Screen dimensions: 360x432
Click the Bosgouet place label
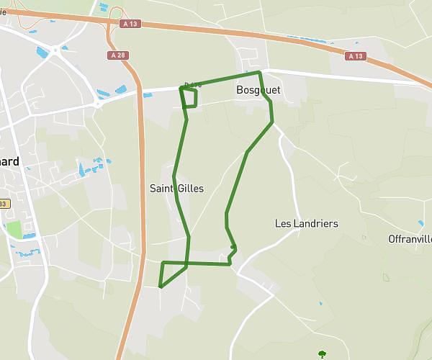pos(258,90)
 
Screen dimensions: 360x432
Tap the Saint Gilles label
pos(176,189)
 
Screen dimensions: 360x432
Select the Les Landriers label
pos(306,223)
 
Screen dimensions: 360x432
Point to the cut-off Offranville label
pos(410,238)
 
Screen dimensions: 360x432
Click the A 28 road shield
pos(120,55)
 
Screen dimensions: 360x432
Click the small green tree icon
pos(322,354)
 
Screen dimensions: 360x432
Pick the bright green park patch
pos(14,230)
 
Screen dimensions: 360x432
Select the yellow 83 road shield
pos(3,204)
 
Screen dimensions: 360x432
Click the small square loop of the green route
pos(190,99)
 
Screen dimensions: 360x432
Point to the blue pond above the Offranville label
pos(420,224)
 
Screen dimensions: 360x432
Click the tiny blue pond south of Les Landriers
pos(321,303)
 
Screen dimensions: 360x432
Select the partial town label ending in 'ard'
pos(10,161)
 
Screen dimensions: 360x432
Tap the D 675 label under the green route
pos(191,85)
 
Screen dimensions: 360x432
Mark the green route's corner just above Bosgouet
pos(258,73)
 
